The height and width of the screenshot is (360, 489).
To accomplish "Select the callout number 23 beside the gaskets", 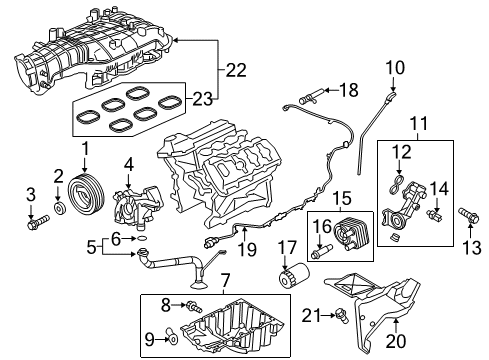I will tap(202, 98).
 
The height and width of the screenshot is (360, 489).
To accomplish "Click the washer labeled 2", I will tap(58, 206).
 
